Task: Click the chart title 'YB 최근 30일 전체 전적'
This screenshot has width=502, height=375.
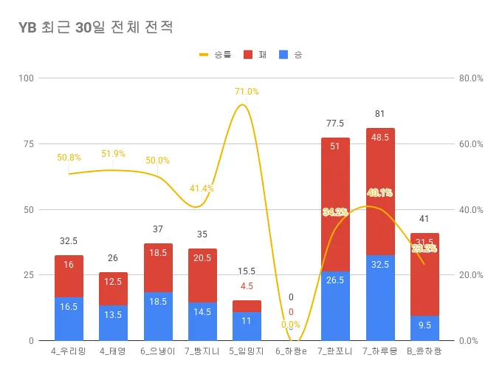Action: pos(95,28)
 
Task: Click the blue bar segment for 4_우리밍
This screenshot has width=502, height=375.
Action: pos(69,319)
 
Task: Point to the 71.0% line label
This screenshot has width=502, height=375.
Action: pos(247,92)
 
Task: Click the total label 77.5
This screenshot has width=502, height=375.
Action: pos(336,123)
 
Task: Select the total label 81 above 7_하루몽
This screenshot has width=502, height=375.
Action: pos(380,114)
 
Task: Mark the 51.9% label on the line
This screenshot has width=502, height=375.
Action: pos(113,154)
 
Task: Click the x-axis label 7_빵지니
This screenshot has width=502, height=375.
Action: pos(202,351)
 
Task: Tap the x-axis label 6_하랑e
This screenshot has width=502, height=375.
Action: pos(291,351)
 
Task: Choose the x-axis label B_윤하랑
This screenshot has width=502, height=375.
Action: pos(424,351)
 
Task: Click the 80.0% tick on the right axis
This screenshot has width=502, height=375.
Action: pos(471,78)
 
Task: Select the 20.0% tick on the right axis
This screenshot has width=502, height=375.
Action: pos(471,275)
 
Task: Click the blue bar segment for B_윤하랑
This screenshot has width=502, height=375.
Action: pos(424,328)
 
